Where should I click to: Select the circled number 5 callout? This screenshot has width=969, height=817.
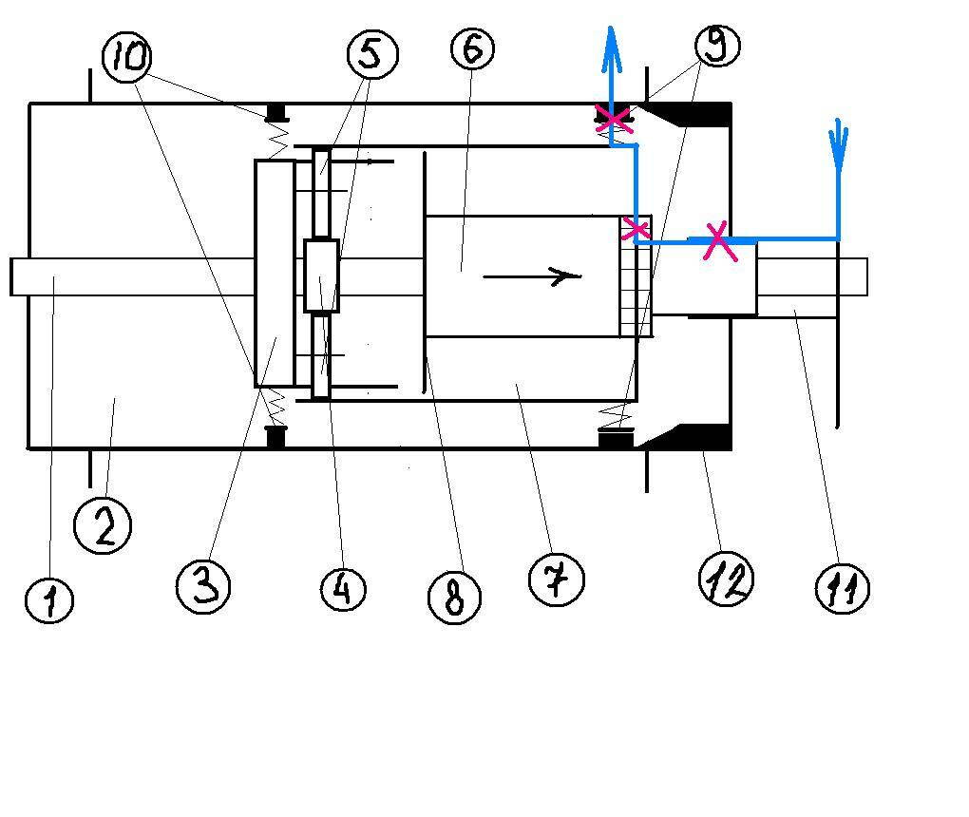tap(372, 54)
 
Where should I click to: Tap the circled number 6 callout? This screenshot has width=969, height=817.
tap(473, 48)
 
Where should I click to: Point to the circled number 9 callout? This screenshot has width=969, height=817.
tap(717, 45)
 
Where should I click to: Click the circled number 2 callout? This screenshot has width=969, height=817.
tap(103, 526)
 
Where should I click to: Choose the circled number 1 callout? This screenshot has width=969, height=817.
tap(49, 600)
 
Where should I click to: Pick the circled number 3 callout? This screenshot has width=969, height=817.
tap(203, 586)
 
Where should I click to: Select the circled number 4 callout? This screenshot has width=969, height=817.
tap(344, 589)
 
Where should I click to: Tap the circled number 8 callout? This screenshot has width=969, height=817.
tap(454, 598)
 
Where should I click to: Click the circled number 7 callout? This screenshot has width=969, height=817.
tap(557, 580)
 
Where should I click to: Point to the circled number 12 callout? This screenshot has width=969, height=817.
tap(726, 579)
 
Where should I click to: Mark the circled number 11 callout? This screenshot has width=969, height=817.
tap(843, 588)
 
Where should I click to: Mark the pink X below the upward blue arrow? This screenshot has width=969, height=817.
tap(614, 120)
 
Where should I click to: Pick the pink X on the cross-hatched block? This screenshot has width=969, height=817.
tap(636, 228)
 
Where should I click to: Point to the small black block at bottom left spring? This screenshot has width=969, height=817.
tap(275, 436)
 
